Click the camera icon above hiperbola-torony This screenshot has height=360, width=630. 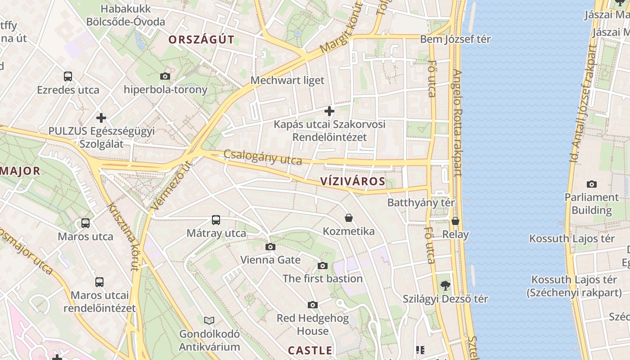click(165, 76)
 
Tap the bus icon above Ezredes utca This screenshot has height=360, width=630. click(68, 76)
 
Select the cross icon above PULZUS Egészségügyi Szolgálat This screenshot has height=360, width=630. click(101, 118)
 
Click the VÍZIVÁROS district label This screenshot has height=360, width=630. click(353, 182)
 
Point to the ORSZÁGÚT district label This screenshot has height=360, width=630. click(201, 40)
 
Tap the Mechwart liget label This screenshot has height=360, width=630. click(287, 81)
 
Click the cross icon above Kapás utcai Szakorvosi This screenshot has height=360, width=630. click(329, 111)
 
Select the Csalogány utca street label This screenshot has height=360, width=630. click(263, 157)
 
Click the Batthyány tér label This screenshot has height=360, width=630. click(421, 202)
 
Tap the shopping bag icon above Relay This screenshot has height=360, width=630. click(455, 221)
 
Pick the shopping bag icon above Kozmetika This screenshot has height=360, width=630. click(349, 218)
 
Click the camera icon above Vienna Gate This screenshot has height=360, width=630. click(270, 247)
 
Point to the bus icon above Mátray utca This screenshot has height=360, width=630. click(216, 220)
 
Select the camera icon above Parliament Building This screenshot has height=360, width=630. click(592, 184)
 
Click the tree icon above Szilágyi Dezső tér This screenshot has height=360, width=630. click(445, 285)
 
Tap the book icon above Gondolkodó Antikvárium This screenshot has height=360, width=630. click(209, 320)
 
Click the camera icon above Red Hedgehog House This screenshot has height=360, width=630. click(313, 305)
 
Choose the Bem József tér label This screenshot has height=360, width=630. click(455, 39)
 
